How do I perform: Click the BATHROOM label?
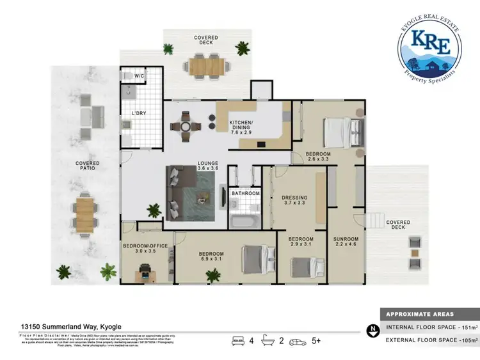(x=245, y=192)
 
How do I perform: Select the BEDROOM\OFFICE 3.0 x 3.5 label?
(x=147, y=249)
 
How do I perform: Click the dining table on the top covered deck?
(x=205, y=65)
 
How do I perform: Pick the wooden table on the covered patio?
(x=85, y=214)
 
